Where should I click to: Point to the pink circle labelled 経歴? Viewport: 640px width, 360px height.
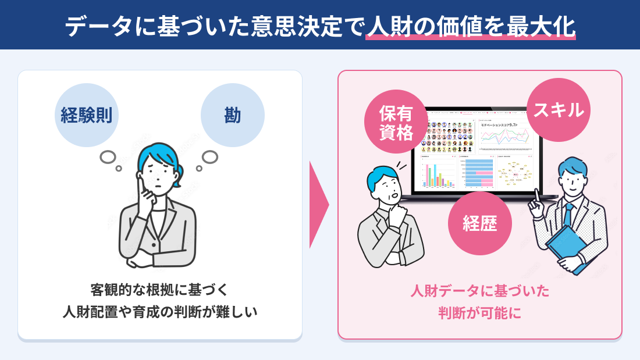479,223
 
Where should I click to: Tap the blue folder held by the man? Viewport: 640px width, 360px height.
566,247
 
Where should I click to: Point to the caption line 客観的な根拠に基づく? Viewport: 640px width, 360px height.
160,289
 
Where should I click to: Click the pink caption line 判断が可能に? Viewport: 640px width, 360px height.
479,313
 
